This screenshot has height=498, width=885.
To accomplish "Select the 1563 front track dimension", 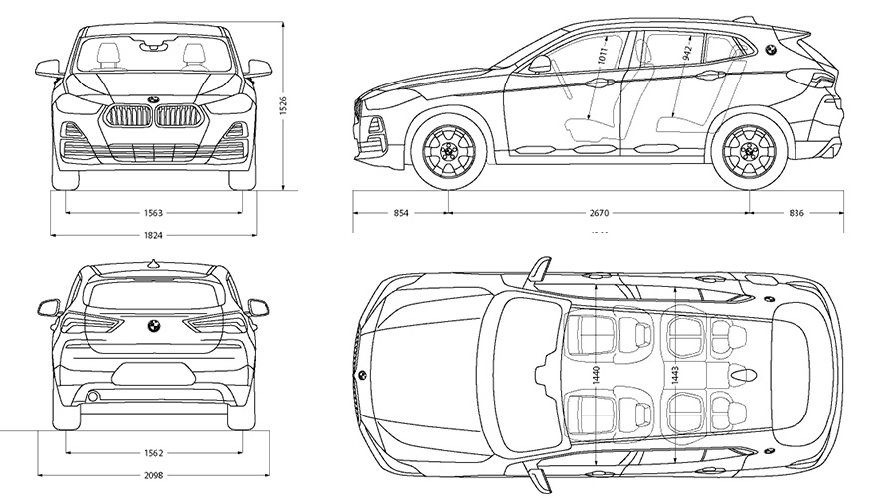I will [153, 213].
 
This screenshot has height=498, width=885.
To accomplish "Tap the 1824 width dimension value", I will [153, 235].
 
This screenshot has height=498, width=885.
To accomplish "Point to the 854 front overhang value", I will [400, 213].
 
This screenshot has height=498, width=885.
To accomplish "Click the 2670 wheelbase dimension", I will [599, 213].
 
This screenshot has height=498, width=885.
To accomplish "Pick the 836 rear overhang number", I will [796, 213].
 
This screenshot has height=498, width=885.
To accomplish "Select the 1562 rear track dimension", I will [153, 453].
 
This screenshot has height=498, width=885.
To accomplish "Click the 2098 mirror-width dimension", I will [153, 476].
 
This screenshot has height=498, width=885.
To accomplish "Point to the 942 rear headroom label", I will [687, 53].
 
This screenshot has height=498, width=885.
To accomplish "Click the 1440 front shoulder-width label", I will [595, 376].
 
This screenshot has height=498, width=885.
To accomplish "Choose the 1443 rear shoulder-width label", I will [676, 376].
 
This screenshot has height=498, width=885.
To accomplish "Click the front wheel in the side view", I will [448, 153].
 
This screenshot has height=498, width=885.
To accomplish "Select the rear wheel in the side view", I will [749, 153].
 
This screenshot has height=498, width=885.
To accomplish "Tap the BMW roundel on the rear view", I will [153, 325].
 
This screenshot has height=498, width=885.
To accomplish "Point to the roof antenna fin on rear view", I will [153, 263].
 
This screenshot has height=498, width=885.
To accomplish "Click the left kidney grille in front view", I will [127, 117].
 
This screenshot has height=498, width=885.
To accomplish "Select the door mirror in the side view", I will [540, 64].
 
